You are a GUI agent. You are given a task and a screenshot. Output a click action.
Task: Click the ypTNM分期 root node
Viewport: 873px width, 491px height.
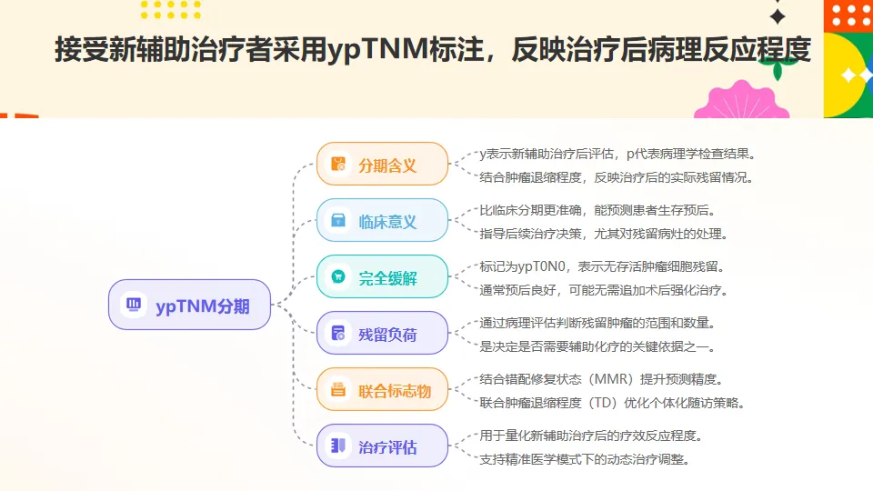(x=190, y=305)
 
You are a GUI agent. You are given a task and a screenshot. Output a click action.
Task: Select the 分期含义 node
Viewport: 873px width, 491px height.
(x=383, y=165)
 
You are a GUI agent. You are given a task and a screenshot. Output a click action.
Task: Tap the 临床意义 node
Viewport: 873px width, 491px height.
(x=383, y=221)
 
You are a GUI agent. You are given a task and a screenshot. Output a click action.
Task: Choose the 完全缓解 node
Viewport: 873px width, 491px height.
(x=383, y=277)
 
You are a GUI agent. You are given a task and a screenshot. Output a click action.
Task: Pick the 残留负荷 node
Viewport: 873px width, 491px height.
(x=383, y=334)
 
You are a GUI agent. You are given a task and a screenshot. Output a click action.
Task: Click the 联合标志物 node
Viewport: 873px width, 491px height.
(x=383, y=390)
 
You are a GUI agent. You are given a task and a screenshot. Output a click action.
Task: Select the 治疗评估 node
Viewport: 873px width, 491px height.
(x=383, y=446)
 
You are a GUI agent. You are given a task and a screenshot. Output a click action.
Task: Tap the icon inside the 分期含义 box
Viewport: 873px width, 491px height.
(x=338, y=165)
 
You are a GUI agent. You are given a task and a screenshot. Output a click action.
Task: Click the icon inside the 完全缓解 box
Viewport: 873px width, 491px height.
(x=338, y=277)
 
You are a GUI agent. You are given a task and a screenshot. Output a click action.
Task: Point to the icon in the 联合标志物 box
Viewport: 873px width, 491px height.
(x=338, y=390)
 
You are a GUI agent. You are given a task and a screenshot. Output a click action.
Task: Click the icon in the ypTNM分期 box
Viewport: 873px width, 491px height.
(x=133, y=305)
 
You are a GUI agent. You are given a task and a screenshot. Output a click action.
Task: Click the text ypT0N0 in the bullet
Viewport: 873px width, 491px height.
(x=543, y=267)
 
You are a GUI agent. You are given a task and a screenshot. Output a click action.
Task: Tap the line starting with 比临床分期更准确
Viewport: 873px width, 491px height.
(x=597, y=211)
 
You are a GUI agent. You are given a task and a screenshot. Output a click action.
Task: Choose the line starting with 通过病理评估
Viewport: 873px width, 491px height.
(x=597, y=324)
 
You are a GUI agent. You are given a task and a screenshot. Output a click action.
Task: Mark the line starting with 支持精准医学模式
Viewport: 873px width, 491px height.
(x=584, y=459)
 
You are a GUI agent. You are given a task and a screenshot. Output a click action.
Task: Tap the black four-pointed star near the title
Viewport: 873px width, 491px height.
(x=778, y=16)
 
